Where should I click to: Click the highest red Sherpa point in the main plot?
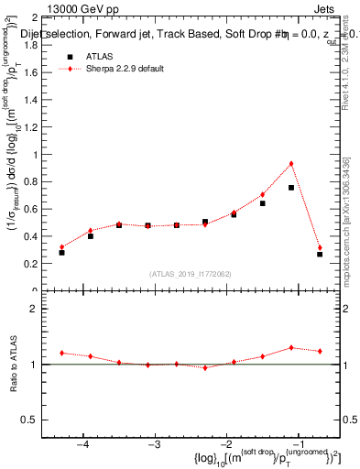(290, 164)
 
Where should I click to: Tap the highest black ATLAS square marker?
(290, 188)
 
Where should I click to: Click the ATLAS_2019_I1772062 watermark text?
(191, 273)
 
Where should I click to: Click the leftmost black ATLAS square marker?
(61, 252)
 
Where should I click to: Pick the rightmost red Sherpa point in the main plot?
(320, 247)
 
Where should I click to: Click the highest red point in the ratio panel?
(290, 347)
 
